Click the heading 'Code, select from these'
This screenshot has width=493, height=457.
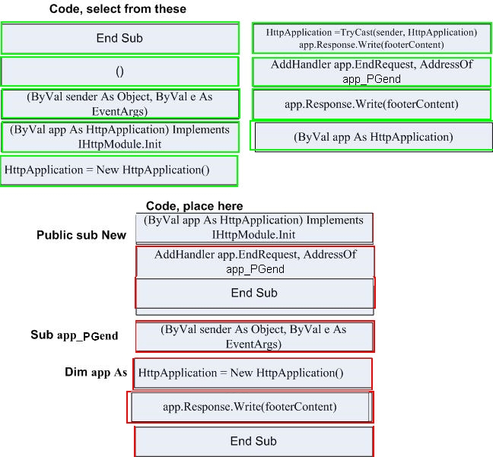(118, 9)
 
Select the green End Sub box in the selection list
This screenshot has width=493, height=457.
(119, 38)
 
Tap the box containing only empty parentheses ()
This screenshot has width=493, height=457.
(119, 71)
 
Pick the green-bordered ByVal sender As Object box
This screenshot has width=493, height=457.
(120, 104)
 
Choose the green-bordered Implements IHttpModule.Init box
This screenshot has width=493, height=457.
(119, 137)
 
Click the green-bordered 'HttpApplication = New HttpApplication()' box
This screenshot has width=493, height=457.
(119, 170)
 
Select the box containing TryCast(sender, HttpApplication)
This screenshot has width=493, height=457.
(371, 38)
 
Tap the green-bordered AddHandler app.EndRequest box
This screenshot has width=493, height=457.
(371, 71)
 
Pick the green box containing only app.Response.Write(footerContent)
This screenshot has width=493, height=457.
(371, 104)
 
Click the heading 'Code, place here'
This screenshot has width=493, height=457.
(194, 206)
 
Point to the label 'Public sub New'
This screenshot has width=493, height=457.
(81, 235)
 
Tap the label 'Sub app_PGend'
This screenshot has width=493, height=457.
(75, 335)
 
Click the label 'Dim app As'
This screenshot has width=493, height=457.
(96, 372)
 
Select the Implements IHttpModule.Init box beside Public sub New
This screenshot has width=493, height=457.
(254, 228)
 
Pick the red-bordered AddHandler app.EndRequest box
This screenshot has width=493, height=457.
(255, 262)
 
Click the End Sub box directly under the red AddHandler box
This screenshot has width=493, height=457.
(255, 293)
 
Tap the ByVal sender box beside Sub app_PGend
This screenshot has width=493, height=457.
(255, 336)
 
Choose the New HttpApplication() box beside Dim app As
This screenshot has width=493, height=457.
(253, 373)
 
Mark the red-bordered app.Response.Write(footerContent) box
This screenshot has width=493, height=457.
(250, 407)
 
